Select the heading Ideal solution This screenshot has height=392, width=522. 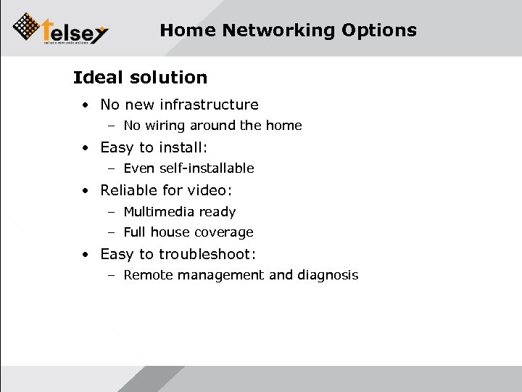click(x=140, y=77)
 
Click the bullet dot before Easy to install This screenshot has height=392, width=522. click(x=86, y=148)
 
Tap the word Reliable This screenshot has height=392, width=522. click(x=129, y=190)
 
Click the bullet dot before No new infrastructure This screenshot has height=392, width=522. click(x=86, y=106)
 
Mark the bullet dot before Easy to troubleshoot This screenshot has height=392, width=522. click(x=86, y=255)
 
